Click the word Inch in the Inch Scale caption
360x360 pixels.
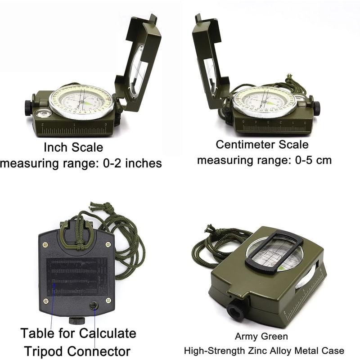point(55,148)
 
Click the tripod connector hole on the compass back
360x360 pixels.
point(94,306)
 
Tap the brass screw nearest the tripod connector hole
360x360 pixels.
point(108,300)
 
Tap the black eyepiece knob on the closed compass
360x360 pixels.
point(235,309)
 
